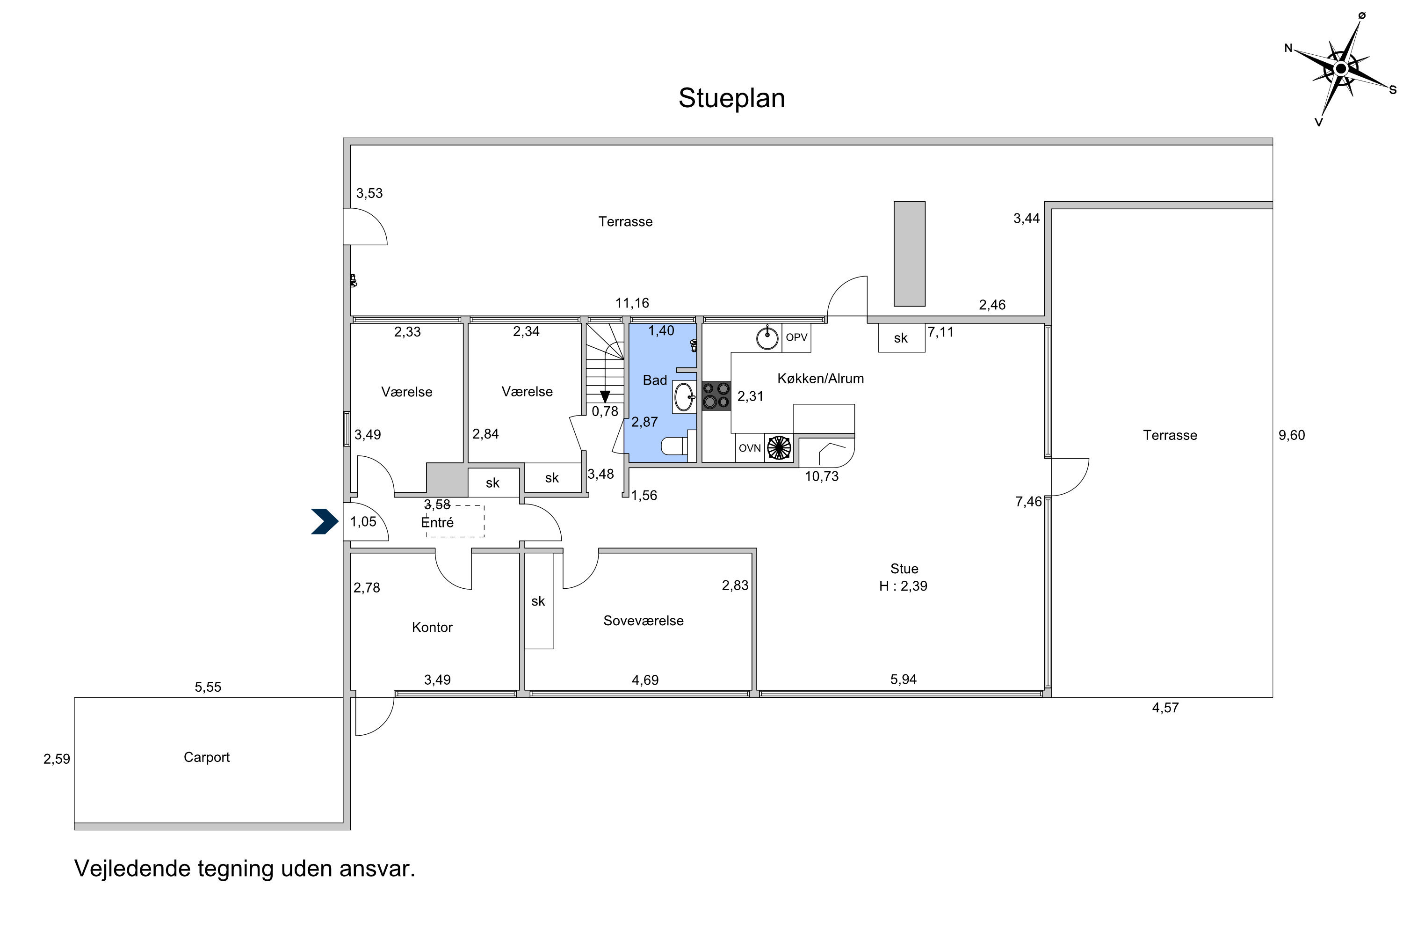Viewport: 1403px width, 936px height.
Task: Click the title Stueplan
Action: click(731, 98)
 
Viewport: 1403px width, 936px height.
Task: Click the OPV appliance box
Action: click(796, 338)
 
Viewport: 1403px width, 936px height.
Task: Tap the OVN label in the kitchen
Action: click(750, 448)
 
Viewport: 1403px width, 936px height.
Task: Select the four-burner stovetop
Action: click(716, 396)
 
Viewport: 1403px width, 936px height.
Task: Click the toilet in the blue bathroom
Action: click(675, 446)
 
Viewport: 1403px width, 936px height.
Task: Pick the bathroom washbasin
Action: click(684, 397)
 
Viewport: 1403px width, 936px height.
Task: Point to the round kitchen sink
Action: click(767, 338)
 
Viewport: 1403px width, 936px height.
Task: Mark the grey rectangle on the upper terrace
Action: click(909, 254)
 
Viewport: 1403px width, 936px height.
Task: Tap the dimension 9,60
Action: click(1291, 435)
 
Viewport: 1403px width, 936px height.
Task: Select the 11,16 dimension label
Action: click(632, 303)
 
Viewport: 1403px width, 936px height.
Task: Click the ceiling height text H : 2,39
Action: click(903, 586)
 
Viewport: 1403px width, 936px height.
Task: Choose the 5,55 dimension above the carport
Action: click(208, 687)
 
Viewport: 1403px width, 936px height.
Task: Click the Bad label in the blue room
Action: click(654, 380)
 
